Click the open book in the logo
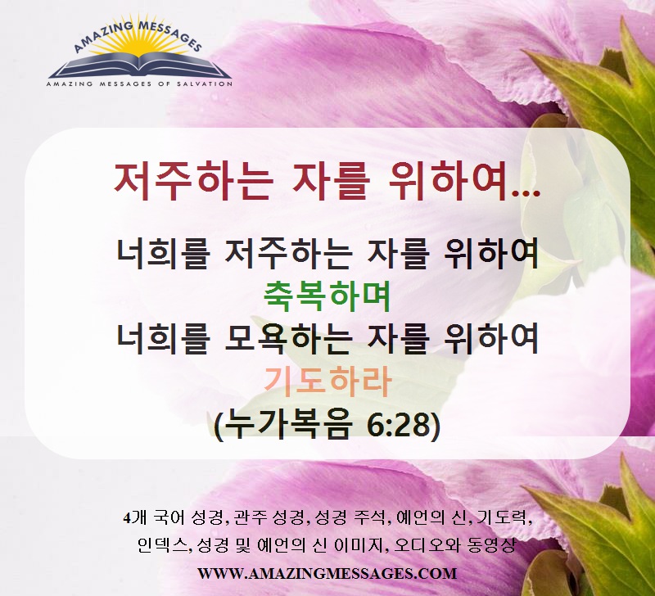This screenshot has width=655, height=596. point(140,66)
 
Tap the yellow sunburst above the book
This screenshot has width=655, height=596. point(139,45)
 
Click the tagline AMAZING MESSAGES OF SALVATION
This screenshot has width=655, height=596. point(139,84)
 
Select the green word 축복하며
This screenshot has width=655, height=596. point(327,296)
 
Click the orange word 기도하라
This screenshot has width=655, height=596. point(327,382)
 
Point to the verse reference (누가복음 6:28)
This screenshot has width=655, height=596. point(327,426)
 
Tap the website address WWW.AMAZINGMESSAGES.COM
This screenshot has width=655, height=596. point(327,573)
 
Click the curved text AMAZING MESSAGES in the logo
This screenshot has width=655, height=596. point(138,34)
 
